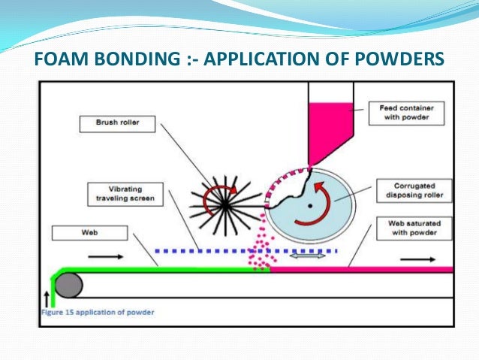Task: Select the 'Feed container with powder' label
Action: (405, 113)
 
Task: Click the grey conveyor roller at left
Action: (69, 284)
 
